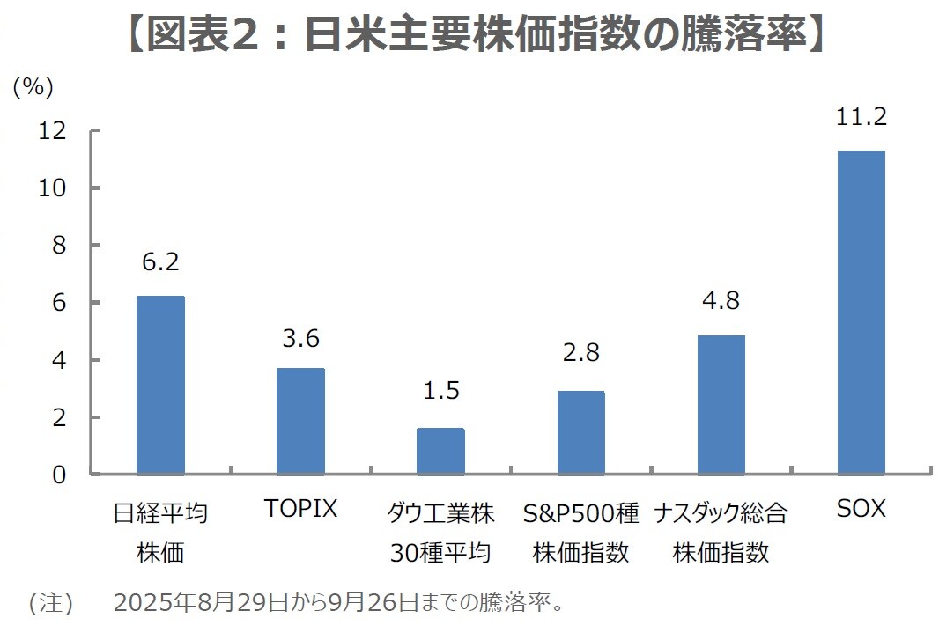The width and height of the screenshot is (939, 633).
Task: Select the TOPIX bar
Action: (x=300, y=422)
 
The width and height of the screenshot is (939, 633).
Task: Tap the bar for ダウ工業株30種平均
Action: (x=440, y=452)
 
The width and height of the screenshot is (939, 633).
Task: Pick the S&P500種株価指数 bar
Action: (x=580, y=433)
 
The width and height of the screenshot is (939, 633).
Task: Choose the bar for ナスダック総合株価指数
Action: (x=721, y=405)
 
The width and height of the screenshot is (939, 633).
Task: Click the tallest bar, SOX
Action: (x=861, y=313)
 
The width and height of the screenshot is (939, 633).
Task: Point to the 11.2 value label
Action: (x=861, y=117)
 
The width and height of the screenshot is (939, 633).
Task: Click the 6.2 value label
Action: (x=160, y=262)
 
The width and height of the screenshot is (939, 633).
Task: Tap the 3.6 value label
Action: (x=300, y=338)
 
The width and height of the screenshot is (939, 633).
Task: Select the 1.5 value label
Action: (x=440, y=391)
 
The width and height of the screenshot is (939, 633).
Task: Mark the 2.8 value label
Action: (x=580, y=353)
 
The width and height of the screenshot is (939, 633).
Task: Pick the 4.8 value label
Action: (x=721, y=300)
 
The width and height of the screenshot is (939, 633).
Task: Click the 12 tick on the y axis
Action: (x=53, y=131)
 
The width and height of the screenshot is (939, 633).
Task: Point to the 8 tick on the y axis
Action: (x=59, y=246)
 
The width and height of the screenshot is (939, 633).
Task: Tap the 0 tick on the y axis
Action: (x=59, y=475)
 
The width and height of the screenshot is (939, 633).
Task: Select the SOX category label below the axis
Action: (x=861, y=509)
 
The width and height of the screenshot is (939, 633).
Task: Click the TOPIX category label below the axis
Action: (x=300, y=509)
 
